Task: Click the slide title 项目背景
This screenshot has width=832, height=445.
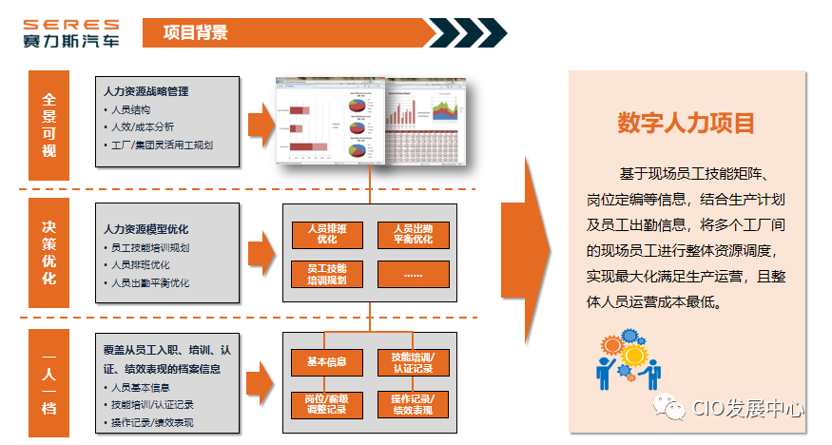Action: (195, 33)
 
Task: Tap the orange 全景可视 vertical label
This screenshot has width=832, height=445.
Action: (49, 125)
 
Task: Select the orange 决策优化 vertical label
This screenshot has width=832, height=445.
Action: (49, 252)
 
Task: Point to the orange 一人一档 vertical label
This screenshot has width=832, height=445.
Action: (49, 380)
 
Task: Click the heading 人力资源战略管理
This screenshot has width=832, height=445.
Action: (146, 91)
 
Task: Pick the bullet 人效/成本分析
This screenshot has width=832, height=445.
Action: (142, 127)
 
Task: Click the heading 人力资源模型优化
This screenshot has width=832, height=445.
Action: (146, 229)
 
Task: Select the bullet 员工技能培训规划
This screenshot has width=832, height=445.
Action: (150, 247)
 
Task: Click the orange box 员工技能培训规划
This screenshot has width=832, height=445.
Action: (326, 275)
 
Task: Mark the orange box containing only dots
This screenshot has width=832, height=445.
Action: (413, 275)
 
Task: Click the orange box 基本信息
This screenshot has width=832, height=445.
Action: (326, 362)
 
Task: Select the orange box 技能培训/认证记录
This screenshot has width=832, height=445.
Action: (413, 362)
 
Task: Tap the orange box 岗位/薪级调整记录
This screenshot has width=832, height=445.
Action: (326, 403)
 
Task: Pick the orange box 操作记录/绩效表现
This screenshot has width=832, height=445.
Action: (413, 403)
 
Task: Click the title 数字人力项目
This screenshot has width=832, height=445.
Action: (686, 123)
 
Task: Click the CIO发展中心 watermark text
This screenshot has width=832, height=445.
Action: (746, 409)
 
